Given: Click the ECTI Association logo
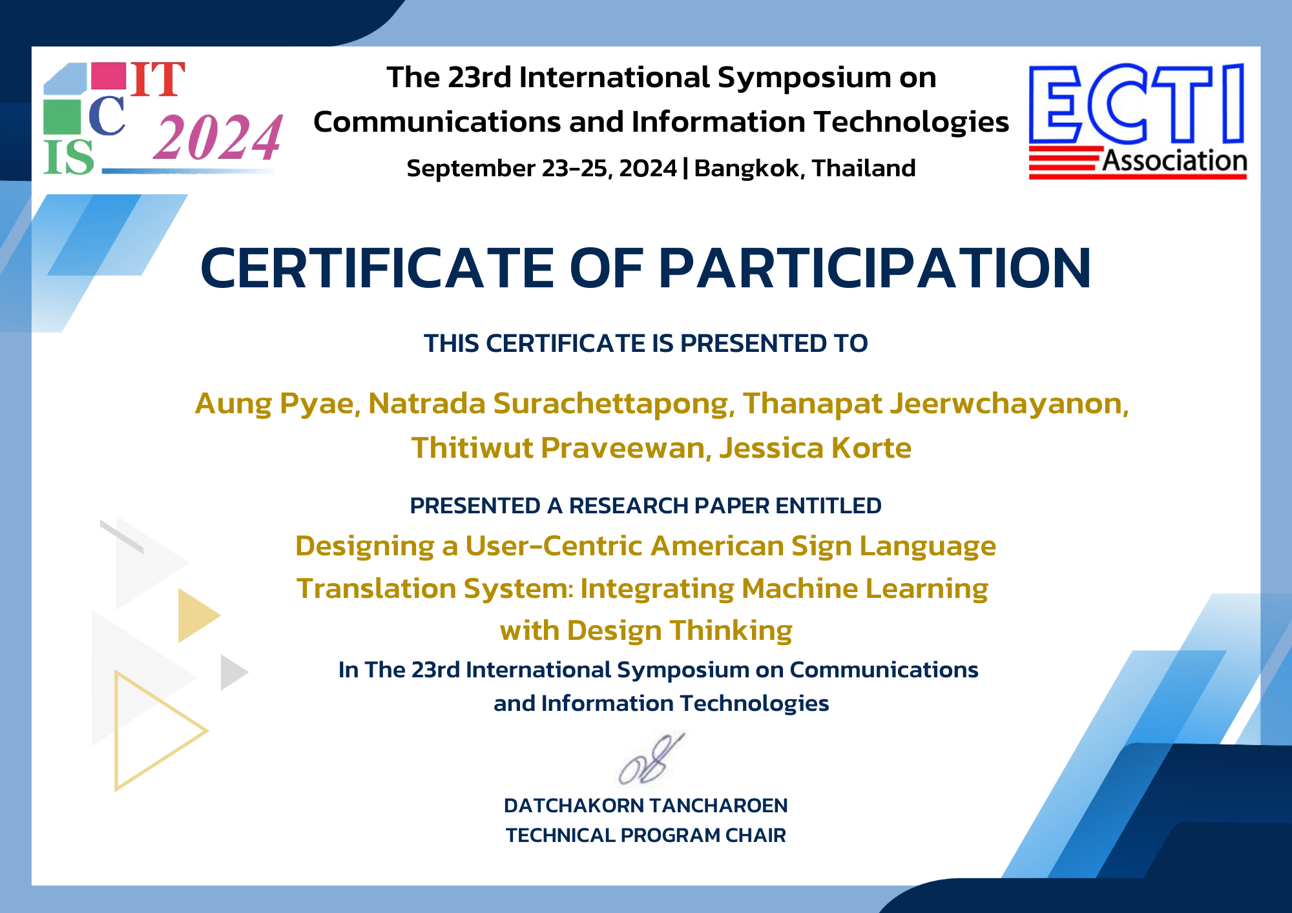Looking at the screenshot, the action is (x=1137, y=121).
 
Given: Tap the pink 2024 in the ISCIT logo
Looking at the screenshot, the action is (x=218, y=137).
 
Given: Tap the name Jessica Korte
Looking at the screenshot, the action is (x=815, y=447).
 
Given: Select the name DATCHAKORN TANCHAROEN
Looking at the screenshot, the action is (x=646, y=806).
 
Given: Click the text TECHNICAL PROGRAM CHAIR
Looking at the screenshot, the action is (x=646, y=836).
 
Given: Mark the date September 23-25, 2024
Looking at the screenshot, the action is (x=541, y=169).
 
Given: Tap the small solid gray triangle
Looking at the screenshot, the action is (x=232, y=672).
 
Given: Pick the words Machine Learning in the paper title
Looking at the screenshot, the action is (x=865, y=589).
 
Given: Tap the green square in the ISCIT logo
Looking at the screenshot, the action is (x=62, y=117).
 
